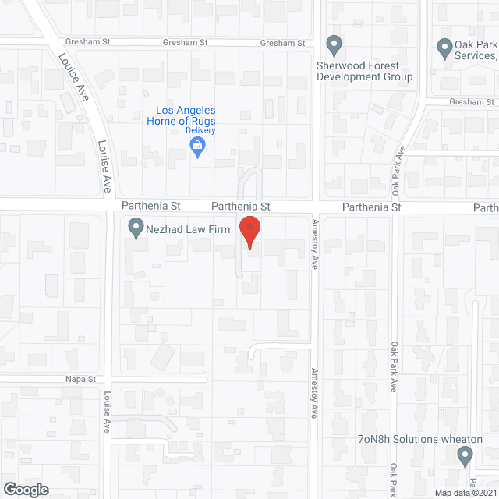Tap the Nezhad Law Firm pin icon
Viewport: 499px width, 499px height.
point(136,228)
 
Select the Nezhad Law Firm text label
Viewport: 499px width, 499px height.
point(186,229)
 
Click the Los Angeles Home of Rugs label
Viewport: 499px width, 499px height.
point(181,116)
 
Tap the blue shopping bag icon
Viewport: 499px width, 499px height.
point(199,145)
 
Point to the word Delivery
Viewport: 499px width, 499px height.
point(200,130)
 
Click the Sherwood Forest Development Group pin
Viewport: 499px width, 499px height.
point(334,46)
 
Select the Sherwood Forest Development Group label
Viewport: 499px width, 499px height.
point(365,72)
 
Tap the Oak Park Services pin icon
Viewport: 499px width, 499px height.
point(445,48)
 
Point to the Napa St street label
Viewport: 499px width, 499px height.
point(80,379)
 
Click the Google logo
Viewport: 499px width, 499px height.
point(26,489)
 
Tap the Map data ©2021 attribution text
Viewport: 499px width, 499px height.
point(465,493)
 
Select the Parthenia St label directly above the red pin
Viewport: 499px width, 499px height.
point(242,207)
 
